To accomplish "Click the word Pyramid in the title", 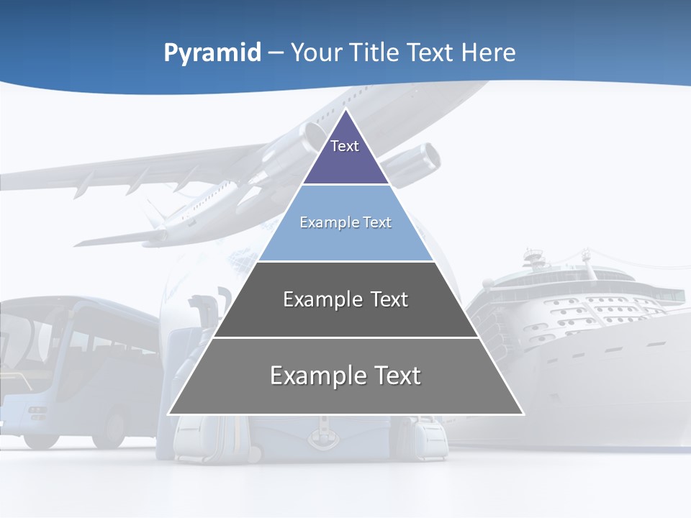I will point(212,53).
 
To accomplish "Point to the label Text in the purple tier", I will point(345,146).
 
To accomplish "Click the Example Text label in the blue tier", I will point(345,222).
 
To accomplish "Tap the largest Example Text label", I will point(345,376).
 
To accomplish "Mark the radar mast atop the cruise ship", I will point(533,255).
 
